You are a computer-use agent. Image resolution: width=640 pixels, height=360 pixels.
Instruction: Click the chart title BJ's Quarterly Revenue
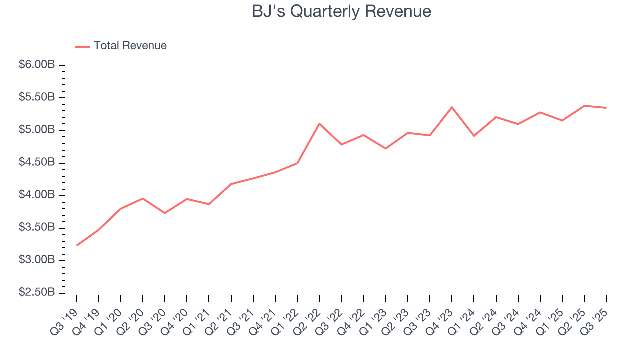coord(341,11)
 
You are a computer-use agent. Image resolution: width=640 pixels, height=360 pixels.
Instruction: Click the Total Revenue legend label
coord(130,46)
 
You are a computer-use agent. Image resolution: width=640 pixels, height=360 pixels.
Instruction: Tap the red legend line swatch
coord(82,46)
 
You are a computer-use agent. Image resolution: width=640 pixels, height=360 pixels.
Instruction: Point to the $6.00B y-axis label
coord(37,65)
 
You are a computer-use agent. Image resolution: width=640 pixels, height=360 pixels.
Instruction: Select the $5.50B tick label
coord(37,97)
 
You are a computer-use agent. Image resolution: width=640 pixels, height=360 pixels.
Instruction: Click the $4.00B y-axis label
coord(37,195)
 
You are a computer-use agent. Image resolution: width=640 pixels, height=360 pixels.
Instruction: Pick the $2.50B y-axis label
coord(37,292)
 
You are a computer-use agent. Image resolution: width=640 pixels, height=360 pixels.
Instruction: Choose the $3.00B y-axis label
coord(37,260)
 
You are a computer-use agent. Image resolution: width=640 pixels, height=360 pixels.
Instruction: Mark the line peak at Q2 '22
coord(319,124)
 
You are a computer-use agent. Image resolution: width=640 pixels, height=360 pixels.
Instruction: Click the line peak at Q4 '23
coord(452,107)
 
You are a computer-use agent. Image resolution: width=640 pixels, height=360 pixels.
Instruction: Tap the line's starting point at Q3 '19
coord(77,245)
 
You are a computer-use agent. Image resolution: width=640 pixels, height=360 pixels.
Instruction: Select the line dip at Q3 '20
coord(165,213)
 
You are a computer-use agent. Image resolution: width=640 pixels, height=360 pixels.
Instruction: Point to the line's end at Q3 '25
coord(606,108)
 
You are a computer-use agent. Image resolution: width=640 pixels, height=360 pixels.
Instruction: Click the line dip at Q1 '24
coord(474,136)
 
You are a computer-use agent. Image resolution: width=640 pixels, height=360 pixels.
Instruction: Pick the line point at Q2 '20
coord(143,198)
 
